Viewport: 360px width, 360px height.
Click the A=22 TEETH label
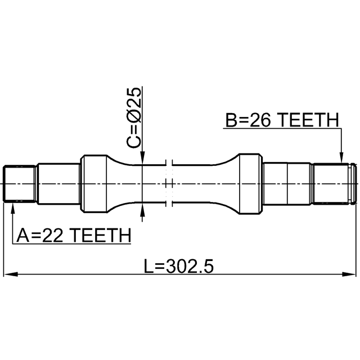point(74,235)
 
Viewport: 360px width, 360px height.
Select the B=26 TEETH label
point(282,120)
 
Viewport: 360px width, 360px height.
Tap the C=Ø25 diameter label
point(133,118)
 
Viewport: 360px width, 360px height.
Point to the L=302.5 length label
point(179,266)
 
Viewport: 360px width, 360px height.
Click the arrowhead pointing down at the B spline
point(341,157)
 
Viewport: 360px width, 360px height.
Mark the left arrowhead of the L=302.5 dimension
point(11,274)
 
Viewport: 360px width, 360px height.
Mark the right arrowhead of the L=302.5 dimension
point(349,274)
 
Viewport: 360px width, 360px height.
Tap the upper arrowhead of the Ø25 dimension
point(142,158)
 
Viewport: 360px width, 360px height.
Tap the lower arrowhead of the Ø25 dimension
point(142,209)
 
